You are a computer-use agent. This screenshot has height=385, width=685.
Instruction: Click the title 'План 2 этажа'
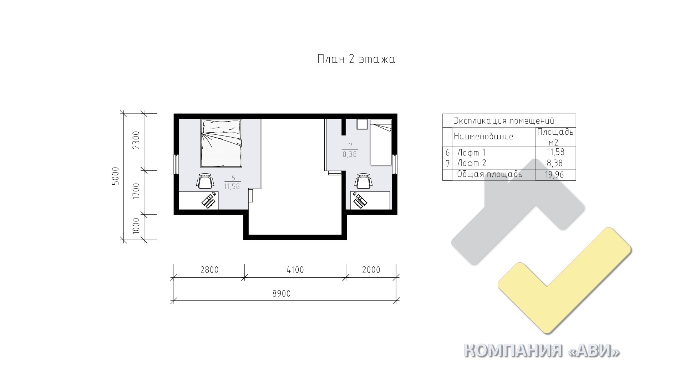tap(356, 59)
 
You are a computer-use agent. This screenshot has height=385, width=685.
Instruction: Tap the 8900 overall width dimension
tap(281, 294)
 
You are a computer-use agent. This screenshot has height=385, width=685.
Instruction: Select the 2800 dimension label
tap(209, 270)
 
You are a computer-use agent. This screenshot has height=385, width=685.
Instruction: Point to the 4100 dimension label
tap(295, 270)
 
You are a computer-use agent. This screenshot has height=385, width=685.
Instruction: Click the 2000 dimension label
tap(371, 270)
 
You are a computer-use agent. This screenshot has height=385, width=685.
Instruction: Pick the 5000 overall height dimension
tap(115, 176)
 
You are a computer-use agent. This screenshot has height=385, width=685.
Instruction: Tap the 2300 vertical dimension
tap(136, 140)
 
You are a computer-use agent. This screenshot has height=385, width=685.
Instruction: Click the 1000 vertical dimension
tap(136, 225)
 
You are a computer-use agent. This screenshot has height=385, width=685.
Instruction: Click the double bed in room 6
tap(222, 143)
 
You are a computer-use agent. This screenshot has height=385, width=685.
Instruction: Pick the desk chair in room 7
tap(363, 181)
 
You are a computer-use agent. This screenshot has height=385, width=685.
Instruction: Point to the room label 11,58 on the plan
tap(232, 186)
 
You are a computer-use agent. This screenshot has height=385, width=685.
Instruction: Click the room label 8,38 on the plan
tap(350, 155)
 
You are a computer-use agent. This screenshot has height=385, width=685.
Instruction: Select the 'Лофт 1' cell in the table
tap(472, 153)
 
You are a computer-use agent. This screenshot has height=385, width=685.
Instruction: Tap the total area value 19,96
tap(555, 175)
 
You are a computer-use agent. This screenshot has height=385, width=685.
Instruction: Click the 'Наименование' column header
tap(483, 137)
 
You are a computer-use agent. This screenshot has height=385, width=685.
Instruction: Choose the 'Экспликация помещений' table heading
tap(504, 120)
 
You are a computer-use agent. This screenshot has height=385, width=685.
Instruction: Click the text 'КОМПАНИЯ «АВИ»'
tap(542, 351)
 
